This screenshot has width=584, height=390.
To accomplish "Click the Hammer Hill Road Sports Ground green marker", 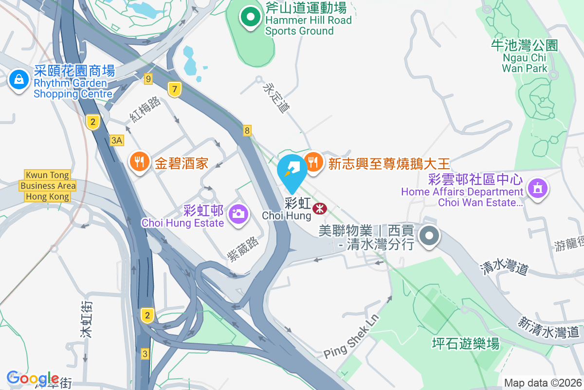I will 251,18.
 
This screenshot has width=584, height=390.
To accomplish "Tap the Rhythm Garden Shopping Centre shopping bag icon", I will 19,78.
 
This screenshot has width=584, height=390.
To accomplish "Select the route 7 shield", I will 175,89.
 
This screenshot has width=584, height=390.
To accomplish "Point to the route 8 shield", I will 247,130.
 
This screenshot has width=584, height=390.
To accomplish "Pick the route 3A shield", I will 117,140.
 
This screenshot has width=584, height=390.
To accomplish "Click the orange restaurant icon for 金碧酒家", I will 140,162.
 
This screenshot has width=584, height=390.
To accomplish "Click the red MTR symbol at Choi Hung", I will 320,209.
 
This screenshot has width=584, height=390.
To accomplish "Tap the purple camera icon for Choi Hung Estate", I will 238,214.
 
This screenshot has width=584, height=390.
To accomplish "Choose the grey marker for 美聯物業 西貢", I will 429,236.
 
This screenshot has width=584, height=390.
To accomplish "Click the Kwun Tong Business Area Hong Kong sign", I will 48,186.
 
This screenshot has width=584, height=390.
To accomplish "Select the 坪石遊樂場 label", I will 466,344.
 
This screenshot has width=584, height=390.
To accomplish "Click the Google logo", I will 33,378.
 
